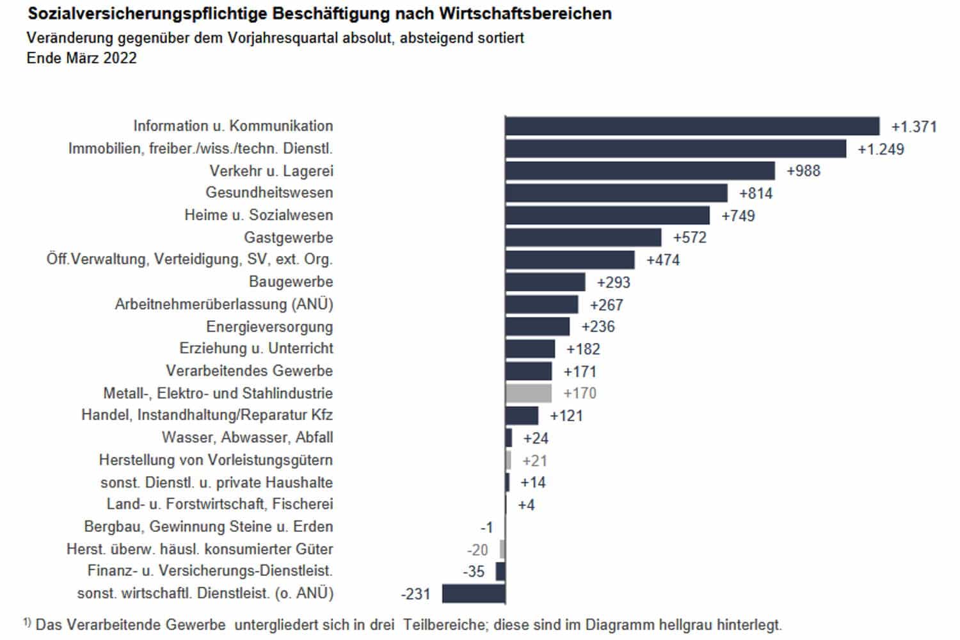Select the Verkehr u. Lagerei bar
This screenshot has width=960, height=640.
pos(640,171)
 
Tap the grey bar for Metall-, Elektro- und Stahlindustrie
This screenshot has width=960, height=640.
pos(528,393)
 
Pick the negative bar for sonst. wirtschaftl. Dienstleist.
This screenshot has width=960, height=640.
pos(474,593)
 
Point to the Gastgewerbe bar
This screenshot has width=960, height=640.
pos(583,237)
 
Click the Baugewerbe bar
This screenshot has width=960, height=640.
pos(545,282)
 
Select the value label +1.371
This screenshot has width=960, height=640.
pos(914,127)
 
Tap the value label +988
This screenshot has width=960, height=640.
pos(803,171)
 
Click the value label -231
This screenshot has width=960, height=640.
pos(415,594)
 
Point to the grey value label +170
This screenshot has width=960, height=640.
pos(580,393)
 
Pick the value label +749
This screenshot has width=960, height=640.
pos(738,216)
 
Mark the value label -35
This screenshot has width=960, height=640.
pos(474,572)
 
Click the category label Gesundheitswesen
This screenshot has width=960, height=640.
pos(269,193)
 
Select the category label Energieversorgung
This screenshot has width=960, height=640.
pos(269,327)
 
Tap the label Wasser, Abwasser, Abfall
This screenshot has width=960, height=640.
pos(247,438)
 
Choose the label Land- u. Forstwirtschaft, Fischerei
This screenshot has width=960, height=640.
pos(220,504)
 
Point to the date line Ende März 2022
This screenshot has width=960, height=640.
pos(82,58)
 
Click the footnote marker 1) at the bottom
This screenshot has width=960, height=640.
pos(27,622)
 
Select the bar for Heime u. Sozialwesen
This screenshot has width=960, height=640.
pos(607,215)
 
